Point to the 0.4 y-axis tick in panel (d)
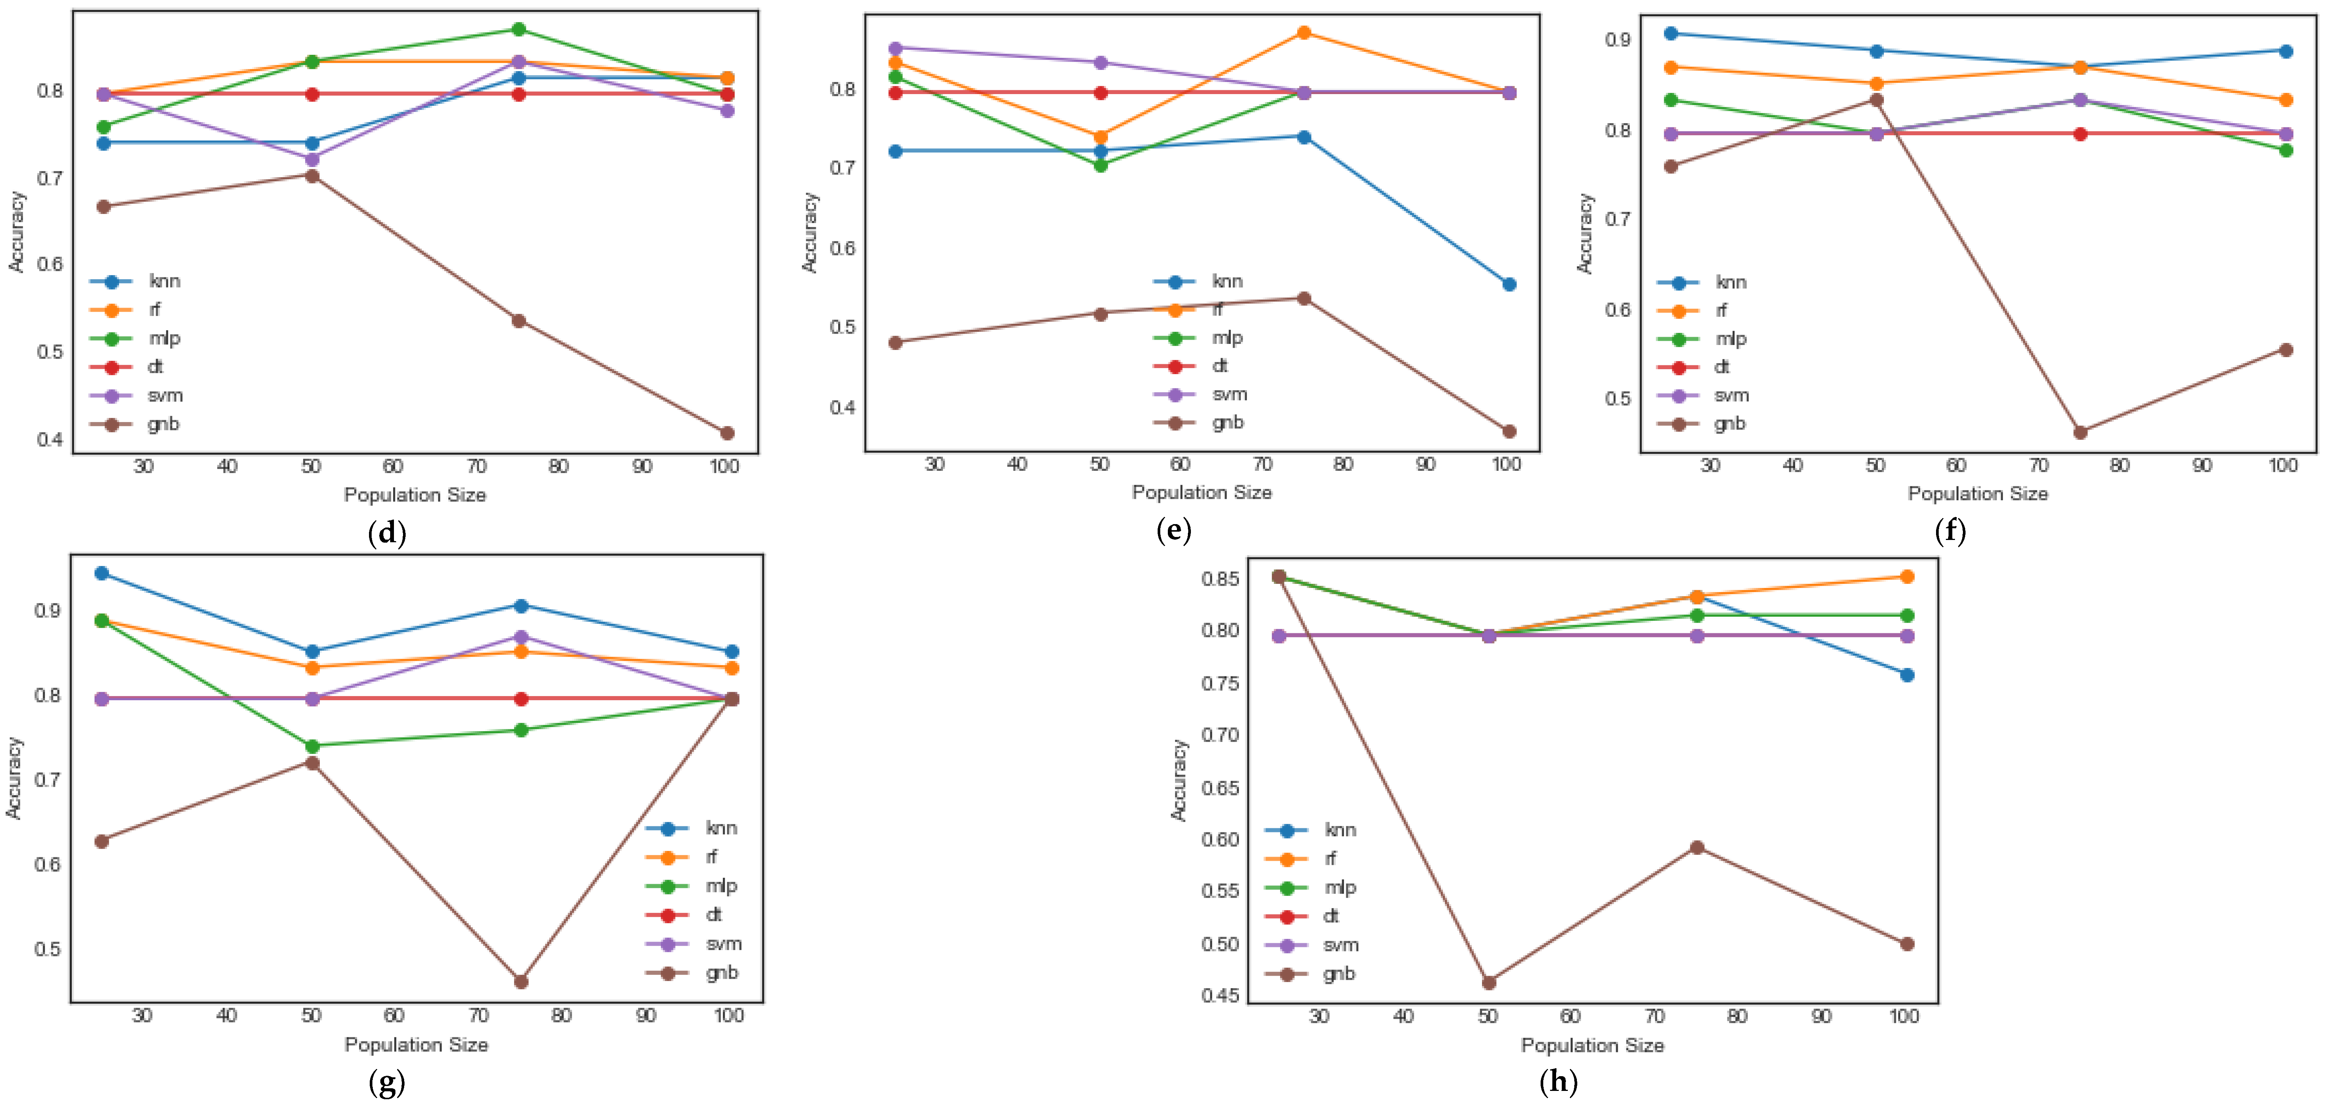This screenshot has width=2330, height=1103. point(50,439)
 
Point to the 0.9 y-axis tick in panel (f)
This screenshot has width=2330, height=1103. point(1617,40)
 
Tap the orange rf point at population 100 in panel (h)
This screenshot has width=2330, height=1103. point(1907,577)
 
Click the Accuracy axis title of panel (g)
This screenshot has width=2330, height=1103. point(14,778)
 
